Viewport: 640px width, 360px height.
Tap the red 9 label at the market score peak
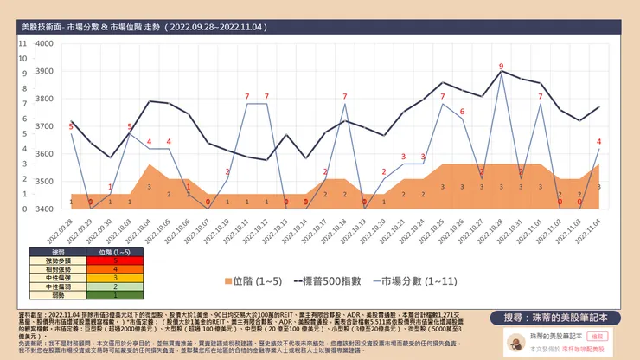coord(502,66)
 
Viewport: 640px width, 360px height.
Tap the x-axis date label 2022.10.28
coord(493,231)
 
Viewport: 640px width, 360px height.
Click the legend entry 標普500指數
coord(330,280)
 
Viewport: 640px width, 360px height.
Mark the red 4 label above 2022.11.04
coord(598,141)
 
